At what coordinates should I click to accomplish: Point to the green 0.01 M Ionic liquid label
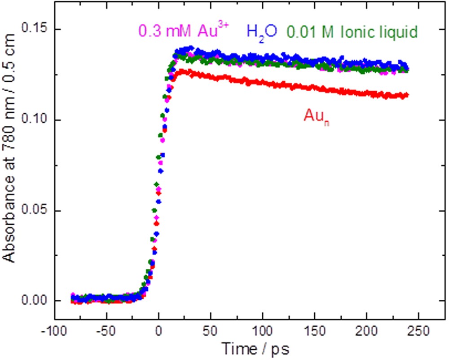point(352,31)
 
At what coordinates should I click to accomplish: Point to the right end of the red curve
point(406,95)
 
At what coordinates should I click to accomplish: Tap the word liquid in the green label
point(400,31)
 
